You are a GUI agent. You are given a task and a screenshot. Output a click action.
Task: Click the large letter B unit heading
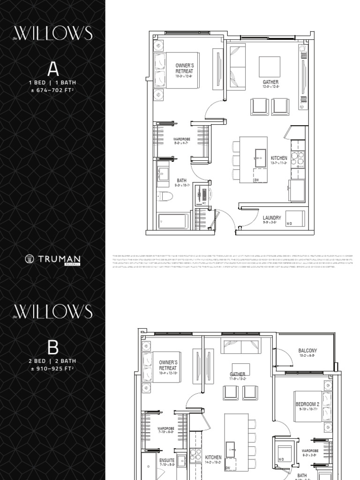pos(52,347)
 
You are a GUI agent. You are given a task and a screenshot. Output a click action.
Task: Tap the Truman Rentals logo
pos(52,259)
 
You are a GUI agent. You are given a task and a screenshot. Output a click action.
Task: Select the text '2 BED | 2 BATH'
pos(52,361)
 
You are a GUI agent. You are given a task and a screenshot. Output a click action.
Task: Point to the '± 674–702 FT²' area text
pos(52,90)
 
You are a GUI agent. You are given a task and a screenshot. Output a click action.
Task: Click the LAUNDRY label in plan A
pos(272,218)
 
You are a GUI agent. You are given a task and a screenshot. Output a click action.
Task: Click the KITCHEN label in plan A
pos(278,158)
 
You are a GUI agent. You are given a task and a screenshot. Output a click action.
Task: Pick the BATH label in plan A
pos(181,180)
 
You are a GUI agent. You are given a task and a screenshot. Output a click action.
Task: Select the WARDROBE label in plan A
pos(181,140)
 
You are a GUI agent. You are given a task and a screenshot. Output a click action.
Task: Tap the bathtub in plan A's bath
pos(173,221)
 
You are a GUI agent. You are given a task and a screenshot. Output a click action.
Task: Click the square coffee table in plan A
pos(270,67)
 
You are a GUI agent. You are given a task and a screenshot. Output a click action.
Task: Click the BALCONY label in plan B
pos(307,351)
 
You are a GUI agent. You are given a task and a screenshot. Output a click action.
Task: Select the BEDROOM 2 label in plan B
pos(307,404)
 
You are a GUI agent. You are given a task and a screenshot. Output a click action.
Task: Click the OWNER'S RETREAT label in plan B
pos(168,366)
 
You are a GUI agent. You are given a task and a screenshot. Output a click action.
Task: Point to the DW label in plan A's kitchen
pos(256,180)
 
